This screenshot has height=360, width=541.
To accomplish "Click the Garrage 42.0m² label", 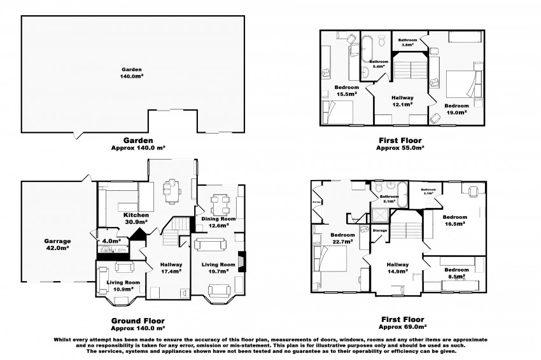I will coord(59,244).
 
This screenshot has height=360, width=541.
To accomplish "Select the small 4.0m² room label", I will coord(108,240).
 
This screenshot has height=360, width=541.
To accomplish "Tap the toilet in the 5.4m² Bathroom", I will coord(382,41).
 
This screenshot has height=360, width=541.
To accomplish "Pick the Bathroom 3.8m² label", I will coord(407,43).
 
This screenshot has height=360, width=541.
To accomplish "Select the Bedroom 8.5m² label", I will coord(456,272).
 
